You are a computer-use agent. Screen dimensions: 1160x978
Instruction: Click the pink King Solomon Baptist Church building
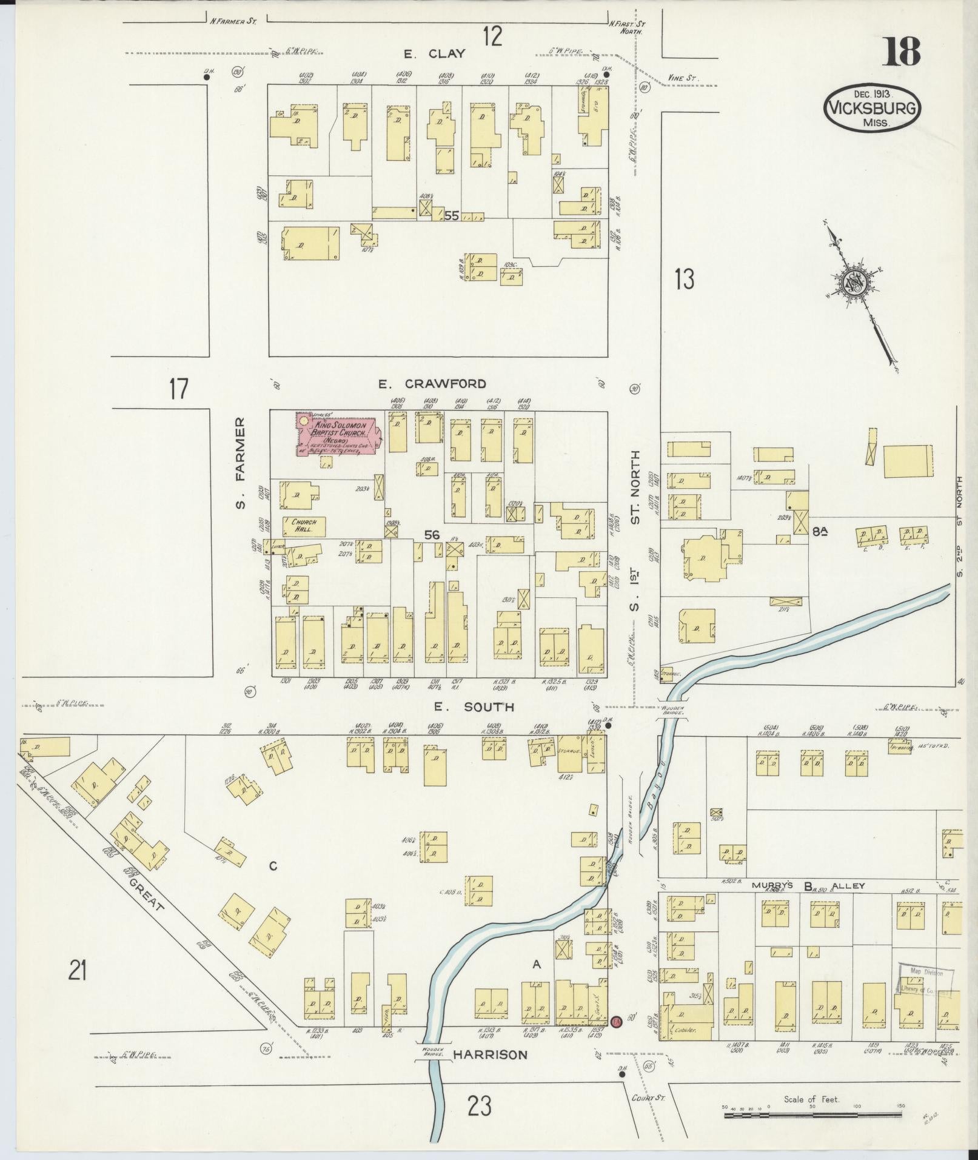coord(337,434)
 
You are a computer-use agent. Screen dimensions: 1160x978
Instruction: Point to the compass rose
coord(856,283)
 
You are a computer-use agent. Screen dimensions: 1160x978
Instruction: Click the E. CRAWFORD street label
coord(432,384)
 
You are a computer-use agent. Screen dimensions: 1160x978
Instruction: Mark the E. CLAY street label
coord(435,54)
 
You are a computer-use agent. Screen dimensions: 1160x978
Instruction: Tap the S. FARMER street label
coord(241,463)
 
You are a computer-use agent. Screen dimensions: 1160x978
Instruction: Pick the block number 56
coord(432,535)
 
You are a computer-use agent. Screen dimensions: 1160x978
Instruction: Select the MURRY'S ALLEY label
coord(808,886)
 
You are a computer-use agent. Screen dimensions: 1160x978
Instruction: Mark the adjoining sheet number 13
coord(683,280)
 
